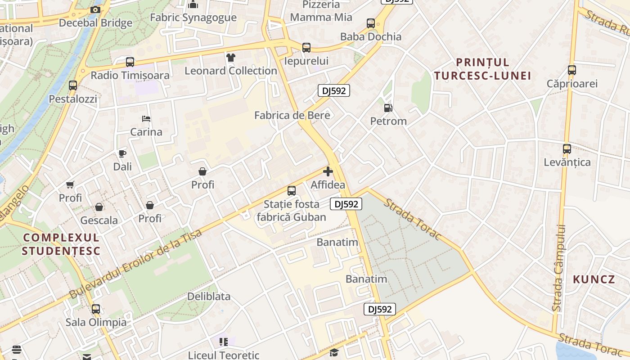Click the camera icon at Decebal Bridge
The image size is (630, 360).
[x=95, y=9]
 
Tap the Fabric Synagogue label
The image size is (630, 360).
[x=193, y=18]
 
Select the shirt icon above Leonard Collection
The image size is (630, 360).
[x=230, y=57]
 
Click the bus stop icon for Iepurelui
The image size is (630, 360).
[x=306, y=47]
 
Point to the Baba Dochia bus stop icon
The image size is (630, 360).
[x=371, y=23]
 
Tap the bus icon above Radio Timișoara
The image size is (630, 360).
[x=130, y=62]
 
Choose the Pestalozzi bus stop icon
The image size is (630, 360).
[x=73, y=85]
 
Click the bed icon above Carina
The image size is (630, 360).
[x=146, y=119]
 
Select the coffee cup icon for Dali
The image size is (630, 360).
[x=122, y=153]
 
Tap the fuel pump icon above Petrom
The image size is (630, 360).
[x=388, y=108]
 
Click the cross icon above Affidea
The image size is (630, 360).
[x=328, y=171]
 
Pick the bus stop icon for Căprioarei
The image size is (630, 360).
[x=572, y=70]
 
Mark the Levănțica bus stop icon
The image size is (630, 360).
[x=567, y=148]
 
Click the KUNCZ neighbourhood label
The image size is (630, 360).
[x=594, y=279]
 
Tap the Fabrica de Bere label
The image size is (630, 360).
[x=292, y=115]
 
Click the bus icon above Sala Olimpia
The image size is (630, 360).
[x=96, y=309]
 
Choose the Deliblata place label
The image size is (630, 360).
[x=209, y=297]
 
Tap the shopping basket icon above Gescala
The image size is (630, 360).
[x=99, y=207]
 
